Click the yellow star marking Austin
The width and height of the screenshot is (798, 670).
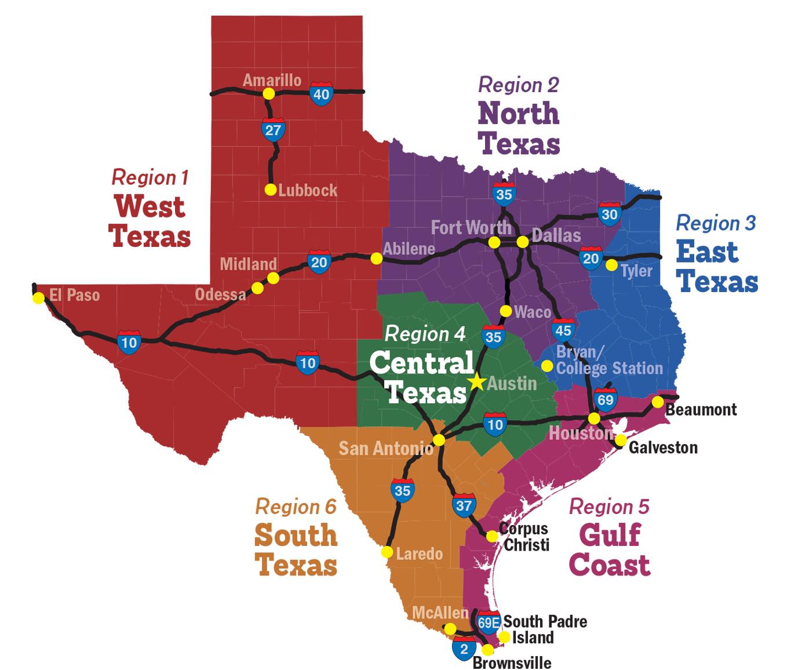tap(477, 382)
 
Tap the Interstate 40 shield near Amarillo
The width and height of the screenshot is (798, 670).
tap(321, 94)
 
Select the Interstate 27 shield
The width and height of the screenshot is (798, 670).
tap(272, 130)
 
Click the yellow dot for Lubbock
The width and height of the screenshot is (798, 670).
tap(270, 190)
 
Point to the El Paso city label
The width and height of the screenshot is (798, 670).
tap(74, 295)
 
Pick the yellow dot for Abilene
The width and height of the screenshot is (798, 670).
tap(377, 258)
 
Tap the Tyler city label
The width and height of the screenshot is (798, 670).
tap(636, 271)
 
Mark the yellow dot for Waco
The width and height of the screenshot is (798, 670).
tap(506, 311)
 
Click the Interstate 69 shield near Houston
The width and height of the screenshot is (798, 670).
tap(605, 400)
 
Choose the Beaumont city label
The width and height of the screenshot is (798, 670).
tap(701, 410)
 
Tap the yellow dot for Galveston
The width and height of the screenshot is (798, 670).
tap(620, 440)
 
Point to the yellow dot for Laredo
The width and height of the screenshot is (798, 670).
tap(387, 552)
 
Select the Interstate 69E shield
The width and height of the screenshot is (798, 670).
tap(489, 622)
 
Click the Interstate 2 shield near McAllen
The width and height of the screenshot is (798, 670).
tap(464, 649)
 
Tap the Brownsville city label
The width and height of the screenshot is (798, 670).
tap(512, 662)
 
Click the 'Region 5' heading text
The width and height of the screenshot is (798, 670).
tap(608, 507)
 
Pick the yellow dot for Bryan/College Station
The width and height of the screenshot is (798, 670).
tap(546, 366)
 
